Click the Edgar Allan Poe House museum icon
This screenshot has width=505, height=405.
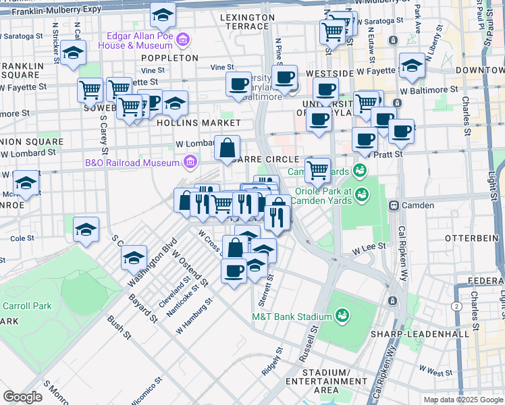point(181,41)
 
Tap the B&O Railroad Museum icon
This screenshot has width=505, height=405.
point(190,162)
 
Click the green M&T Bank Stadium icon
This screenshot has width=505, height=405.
point(342,316)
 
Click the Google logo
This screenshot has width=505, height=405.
point(22,396)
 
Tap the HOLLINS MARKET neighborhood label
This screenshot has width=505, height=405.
point(198,124)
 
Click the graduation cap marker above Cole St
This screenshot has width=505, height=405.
point(86,229)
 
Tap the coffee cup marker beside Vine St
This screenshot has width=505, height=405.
point(238,84)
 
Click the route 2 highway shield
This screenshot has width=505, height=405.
point(458,306)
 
